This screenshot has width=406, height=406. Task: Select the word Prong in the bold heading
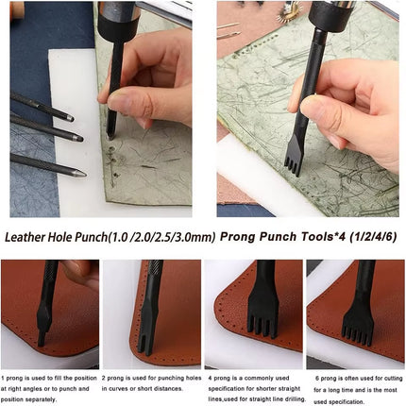(x=243, y=237)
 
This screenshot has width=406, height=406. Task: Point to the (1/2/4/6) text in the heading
(x=377, y=237)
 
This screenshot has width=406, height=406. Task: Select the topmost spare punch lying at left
(x=42, y=107)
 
